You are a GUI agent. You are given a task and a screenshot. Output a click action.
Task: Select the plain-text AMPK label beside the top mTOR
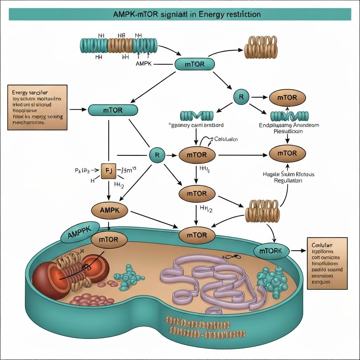143,64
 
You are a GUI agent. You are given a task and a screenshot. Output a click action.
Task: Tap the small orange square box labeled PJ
108,171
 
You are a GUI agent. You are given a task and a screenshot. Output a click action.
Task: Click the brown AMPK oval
110,211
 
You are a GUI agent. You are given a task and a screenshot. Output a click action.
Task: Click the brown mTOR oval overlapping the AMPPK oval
109,240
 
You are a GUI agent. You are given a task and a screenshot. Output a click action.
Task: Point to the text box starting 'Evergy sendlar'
37,107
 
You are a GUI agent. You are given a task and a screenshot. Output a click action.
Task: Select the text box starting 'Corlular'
327,263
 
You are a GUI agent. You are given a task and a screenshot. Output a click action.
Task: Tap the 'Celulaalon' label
225,139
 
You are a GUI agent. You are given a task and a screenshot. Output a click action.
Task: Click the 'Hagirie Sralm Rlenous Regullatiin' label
288,177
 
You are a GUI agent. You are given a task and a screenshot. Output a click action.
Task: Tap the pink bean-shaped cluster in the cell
92,301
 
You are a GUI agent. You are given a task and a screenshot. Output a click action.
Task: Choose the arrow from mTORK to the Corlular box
298,251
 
